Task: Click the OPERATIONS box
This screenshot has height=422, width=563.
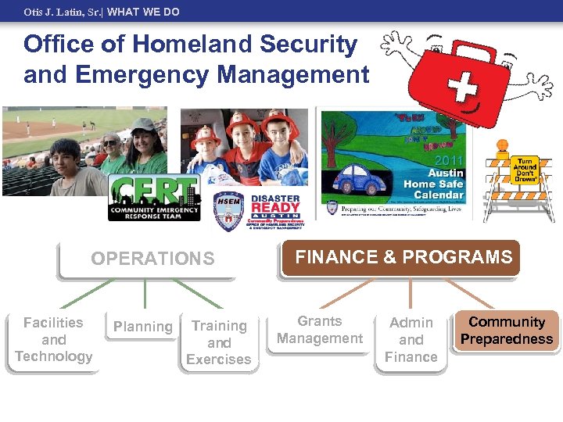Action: tap(152, 259)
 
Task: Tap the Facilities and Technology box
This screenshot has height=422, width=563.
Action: tap(53, 340)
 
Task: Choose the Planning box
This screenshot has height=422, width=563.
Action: tap(142, 327)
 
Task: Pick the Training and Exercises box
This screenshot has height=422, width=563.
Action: tap(219, 342)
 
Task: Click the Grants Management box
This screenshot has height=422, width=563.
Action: tap(320, 331)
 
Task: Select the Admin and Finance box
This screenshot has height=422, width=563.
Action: tap(411, 340)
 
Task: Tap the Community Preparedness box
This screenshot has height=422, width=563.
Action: tap(507, 331)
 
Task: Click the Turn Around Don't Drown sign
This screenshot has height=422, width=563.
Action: tap(525, 170)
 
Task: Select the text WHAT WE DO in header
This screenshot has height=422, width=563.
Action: tap(144, 12)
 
